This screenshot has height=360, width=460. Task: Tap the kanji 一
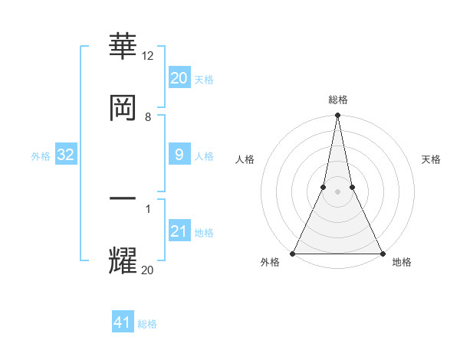(123, 198)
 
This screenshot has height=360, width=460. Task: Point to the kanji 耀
(123, 260)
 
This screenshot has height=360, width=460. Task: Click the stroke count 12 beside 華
(148, 56)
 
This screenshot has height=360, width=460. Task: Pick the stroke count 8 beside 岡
(148, 117)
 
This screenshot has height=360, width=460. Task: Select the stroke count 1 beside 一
(148, 208)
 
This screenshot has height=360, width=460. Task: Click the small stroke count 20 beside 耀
(148, 270)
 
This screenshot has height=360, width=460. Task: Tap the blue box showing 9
(179, 155)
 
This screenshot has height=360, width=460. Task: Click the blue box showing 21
(179, 231)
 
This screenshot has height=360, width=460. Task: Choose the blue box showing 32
(66, 155)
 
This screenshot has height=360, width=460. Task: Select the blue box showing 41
(123, 322)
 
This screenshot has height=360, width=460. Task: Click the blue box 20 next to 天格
(179, 78)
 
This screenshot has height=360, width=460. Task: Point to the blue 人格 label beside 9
(204, 156)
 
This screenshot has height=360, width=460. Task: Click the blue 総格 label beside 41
(147, 324)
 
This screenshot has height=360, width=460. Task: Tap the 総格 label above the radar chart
(337, 100)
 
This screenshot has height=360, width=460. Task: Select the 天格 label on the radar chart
(432, 159)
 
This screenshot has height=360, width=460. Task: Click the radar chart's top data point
(337, 116)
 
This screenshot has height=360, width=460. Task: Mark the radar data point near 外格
(293, 254)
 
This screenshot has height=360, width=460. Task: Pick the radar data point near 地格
(382, 254)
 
